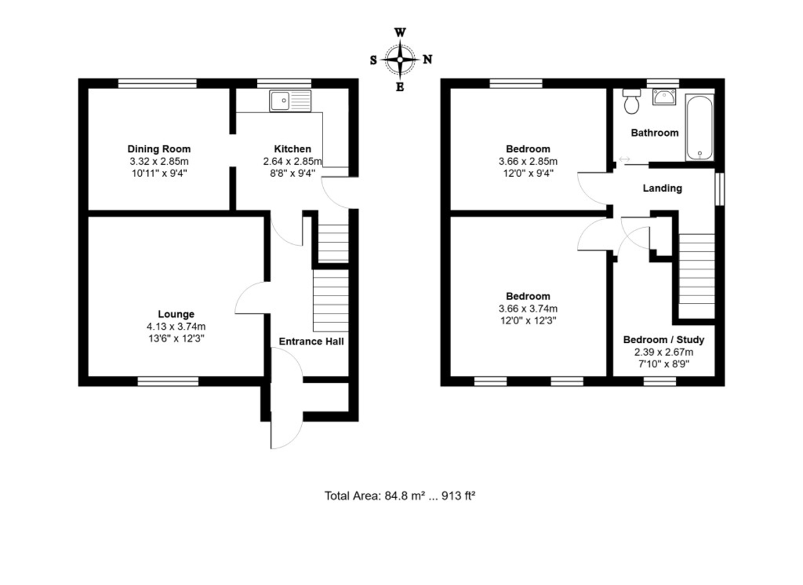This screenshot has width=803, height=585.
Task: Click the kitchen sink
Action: coord(290,101)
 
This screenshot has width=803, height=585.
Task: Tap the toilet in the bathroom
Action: coord(632,101)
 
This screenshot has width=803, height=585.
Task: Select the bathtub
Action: coord(699,127)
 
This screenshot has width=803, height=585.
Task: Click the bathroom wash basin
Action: coord(664,97)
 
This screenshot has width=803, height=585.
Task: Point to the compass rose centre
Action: coord(400,60)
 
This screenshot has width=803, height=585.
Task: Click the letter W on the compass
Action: coord(400,33)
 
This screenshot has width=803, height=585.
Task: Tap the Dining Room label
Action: coord(159,149)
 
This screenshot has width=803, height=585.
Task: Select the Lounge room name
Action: coord(176,314)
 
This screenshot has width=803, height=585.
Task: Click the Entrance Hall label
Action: coord(311,341)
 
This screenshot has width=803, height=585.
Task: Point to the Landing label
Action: coord(662,188)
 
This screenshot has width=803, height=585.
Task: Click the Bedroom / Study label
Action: coord(664,340)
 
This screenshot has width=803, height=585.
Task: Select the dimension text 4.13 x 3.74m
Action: coord(176,326)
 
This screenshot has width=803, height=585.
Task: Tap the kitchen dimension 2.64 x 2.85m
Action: coord(292,161)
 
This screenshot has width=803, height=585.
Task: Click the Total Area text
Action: coord(399,496)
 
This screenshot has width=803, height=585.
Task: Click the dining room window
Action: coord(158,83)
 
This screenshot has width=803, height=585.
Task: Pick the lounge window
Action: coord(168,381)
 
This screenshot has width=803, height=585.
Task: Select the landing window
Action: coord(720,190)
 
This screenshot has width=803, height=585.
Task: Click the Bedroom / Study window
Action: coord(660,381)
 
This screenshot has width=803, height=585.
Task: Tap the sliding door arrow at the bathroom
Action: coord(624,159)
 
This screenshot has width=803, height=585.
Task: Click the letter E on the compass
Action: coord(400,87)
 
